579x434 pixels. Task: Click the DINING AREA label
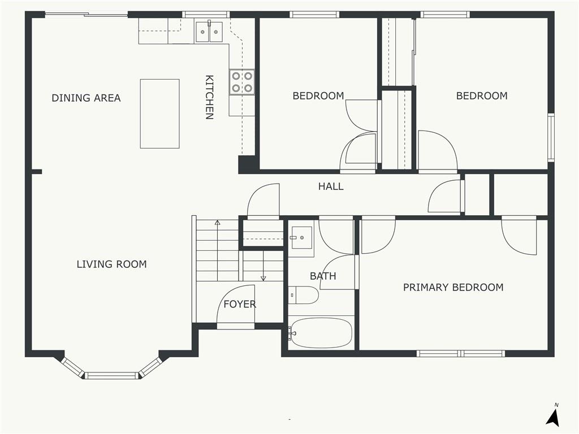click(86, 98)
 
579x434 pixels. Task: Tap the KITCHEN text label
click(209, 97)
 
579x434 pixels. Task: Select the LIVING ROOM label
click(111, 264)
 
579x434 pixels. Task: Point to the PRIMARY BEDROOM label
click(453, 287)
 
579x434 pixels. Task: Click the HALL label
click(330, 186)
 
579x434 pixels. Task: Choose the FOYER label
click(239, 304)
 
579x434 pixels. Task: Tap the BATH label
click(323, 276)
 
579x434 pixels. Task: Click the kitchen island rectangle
click(159, 114)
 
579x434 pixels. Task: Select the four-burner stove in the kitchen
click(241, 82)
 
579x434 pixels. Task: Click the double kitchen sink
click(210, 32)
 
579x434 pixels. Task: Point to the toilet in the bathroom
click(303, 295)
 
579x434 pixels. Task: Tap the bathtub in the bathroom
click(321, 333)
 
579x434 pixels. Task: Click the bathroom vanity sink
click(301, 238)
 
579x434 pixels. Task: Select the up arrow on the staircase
click(217, 224)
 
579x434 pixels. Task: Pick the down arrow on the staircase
click(263, 277)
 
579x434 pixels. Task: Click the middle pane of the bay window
click(111, 375)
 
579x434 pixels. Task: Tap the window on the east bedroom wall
click(551, 137)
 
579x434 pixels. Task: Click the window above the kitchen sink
click(206, 14)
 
